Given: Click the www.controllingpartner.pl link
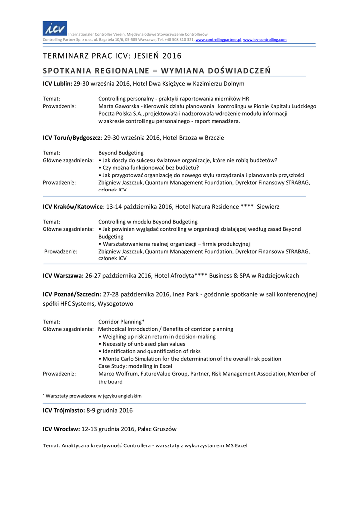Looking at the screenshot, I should click(x=218, y=39).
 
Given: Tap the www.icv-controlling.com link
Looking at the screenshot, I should click(x=265, y=39).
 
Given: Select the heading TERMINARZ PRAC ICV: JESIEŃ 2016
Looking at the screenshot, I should click(x=112, y=55).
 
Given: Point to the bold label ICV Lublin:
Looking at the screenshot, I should click(x=58, y=84).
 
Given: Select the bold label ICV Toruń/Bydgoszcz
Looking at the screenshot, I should click(x=72, y=137).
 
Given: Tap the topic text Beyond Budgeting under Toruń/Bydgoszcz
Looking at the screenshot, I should click(x=121, y=153).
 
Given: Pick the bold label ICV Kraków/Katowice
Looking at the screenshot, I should click(x=73, y=206).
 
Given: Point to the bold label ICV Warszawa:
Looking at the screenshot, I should click(x=63, y=275).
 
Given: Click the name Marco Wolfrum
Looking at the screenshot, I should click(x=118, y=374).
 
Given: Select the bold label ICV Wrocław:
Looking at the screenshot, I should click(x=61, y=429).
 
